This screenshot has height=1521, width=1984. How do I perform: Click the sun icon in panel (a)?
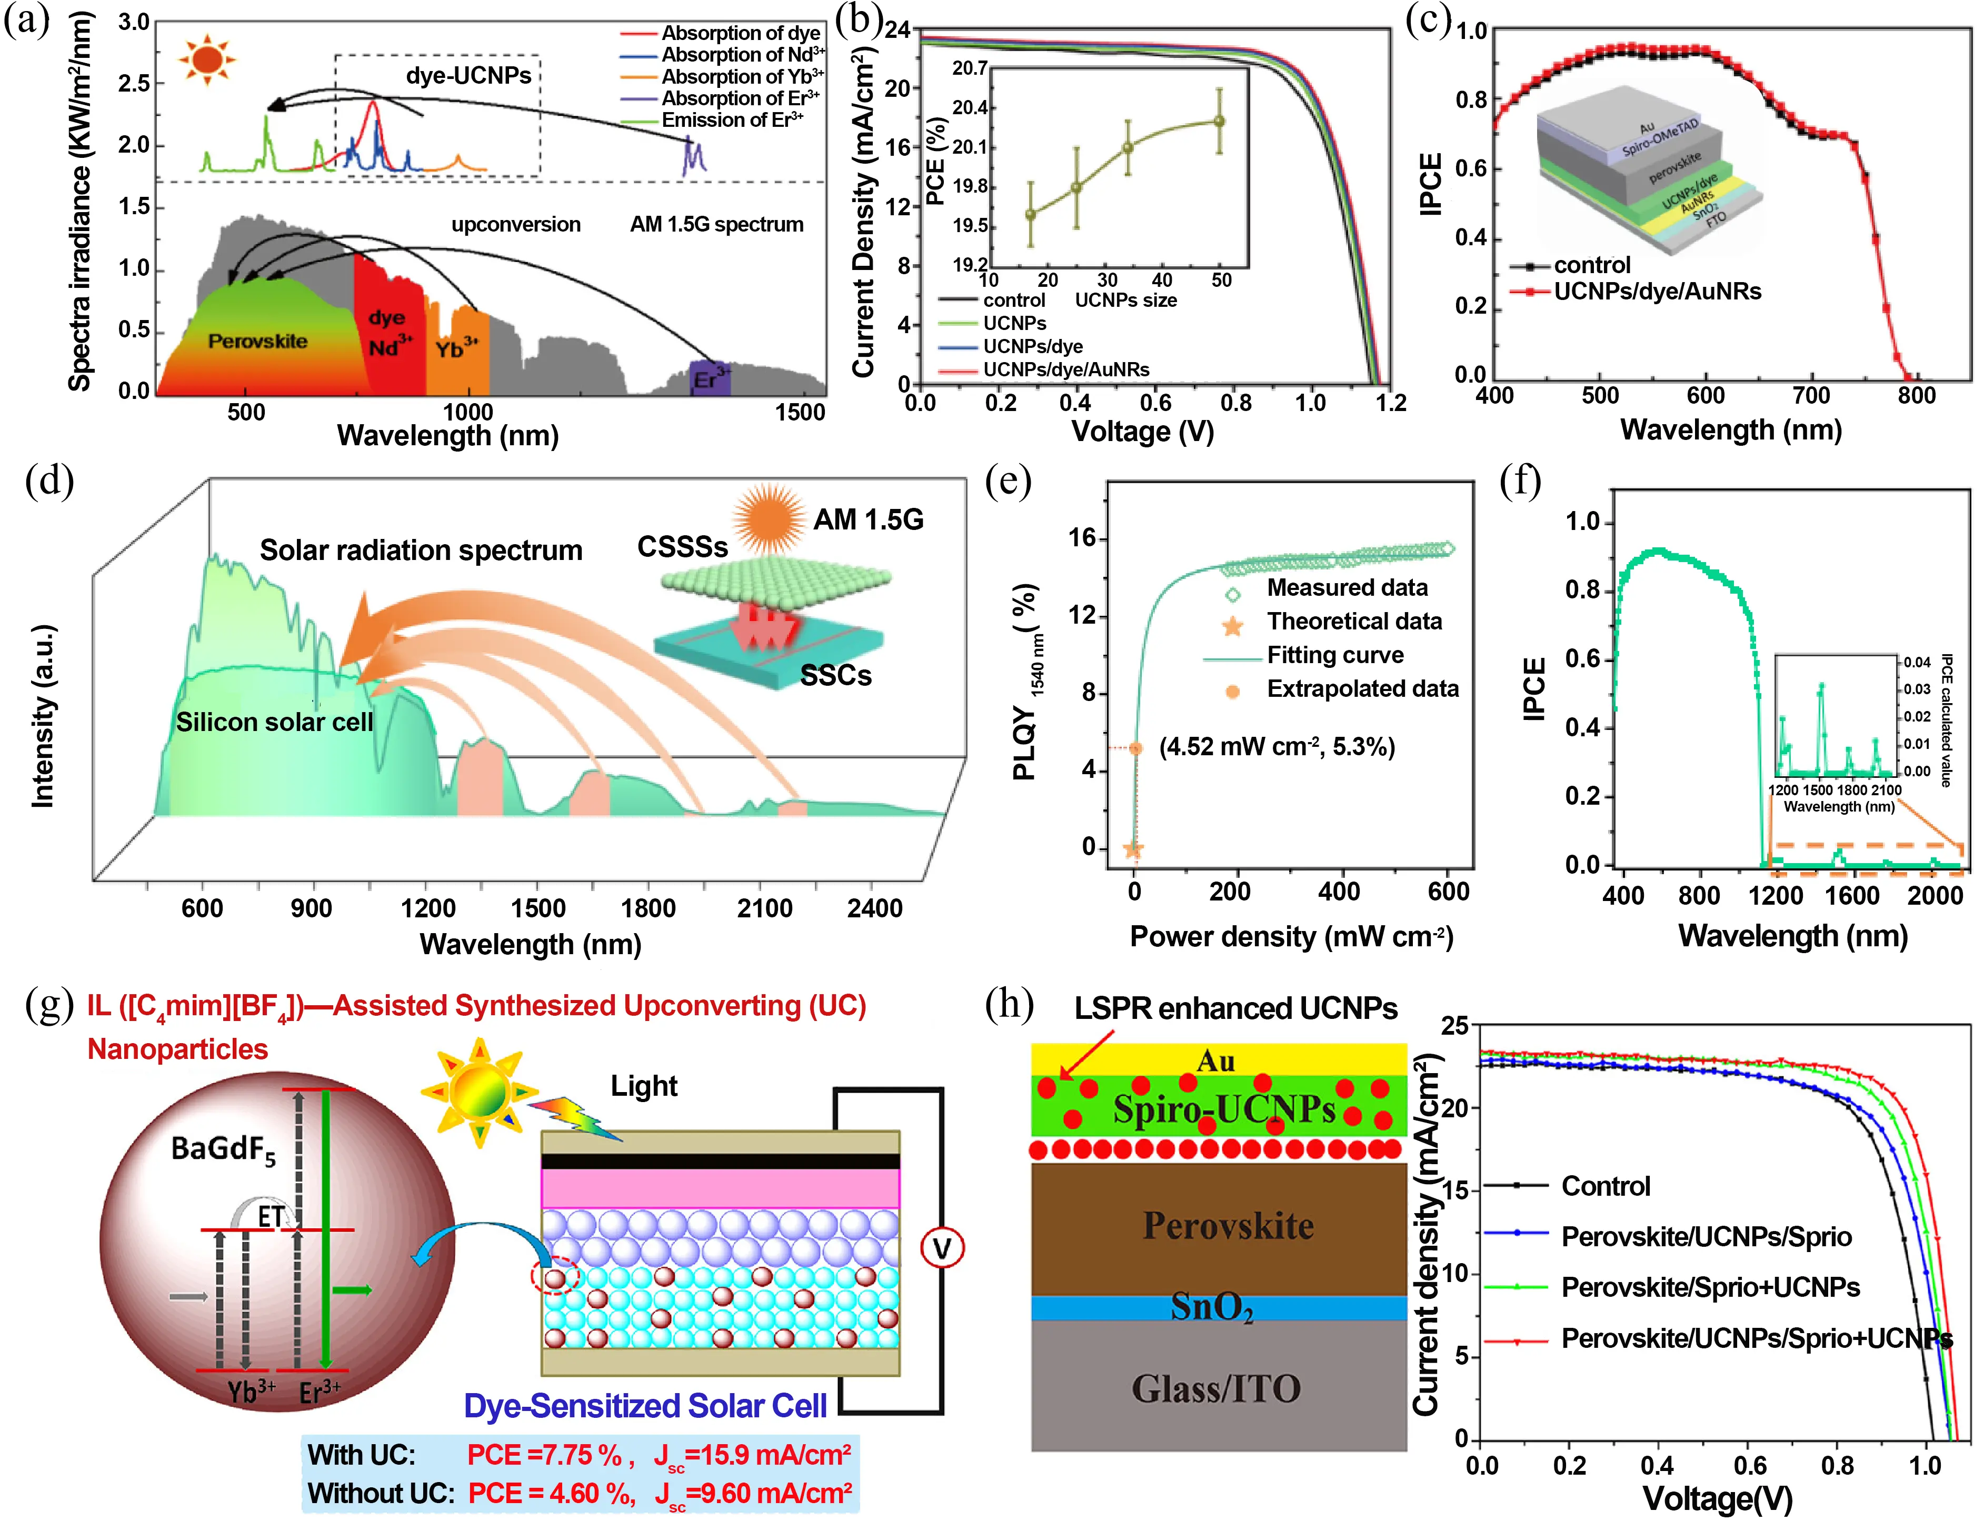207,60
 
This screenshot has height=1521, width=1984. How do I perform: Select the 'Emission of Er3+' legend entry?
732,121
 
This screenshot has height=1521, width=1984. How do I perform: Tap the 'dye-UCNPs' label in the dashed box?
468,75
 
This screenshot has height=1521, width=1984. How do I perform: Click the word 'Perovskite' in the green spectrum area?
257,342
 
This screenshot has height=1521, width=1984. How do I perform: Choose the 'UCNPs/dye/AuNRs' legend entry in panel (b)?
1066,369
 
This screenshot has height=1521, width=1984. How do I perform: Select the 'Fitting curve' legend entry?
1335,655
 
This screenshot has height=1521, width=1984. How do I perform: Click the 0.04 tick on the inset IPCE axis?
1917,662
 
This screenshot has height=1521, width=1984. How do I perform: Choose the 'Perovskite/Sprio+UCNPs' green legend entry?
1710,1287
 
